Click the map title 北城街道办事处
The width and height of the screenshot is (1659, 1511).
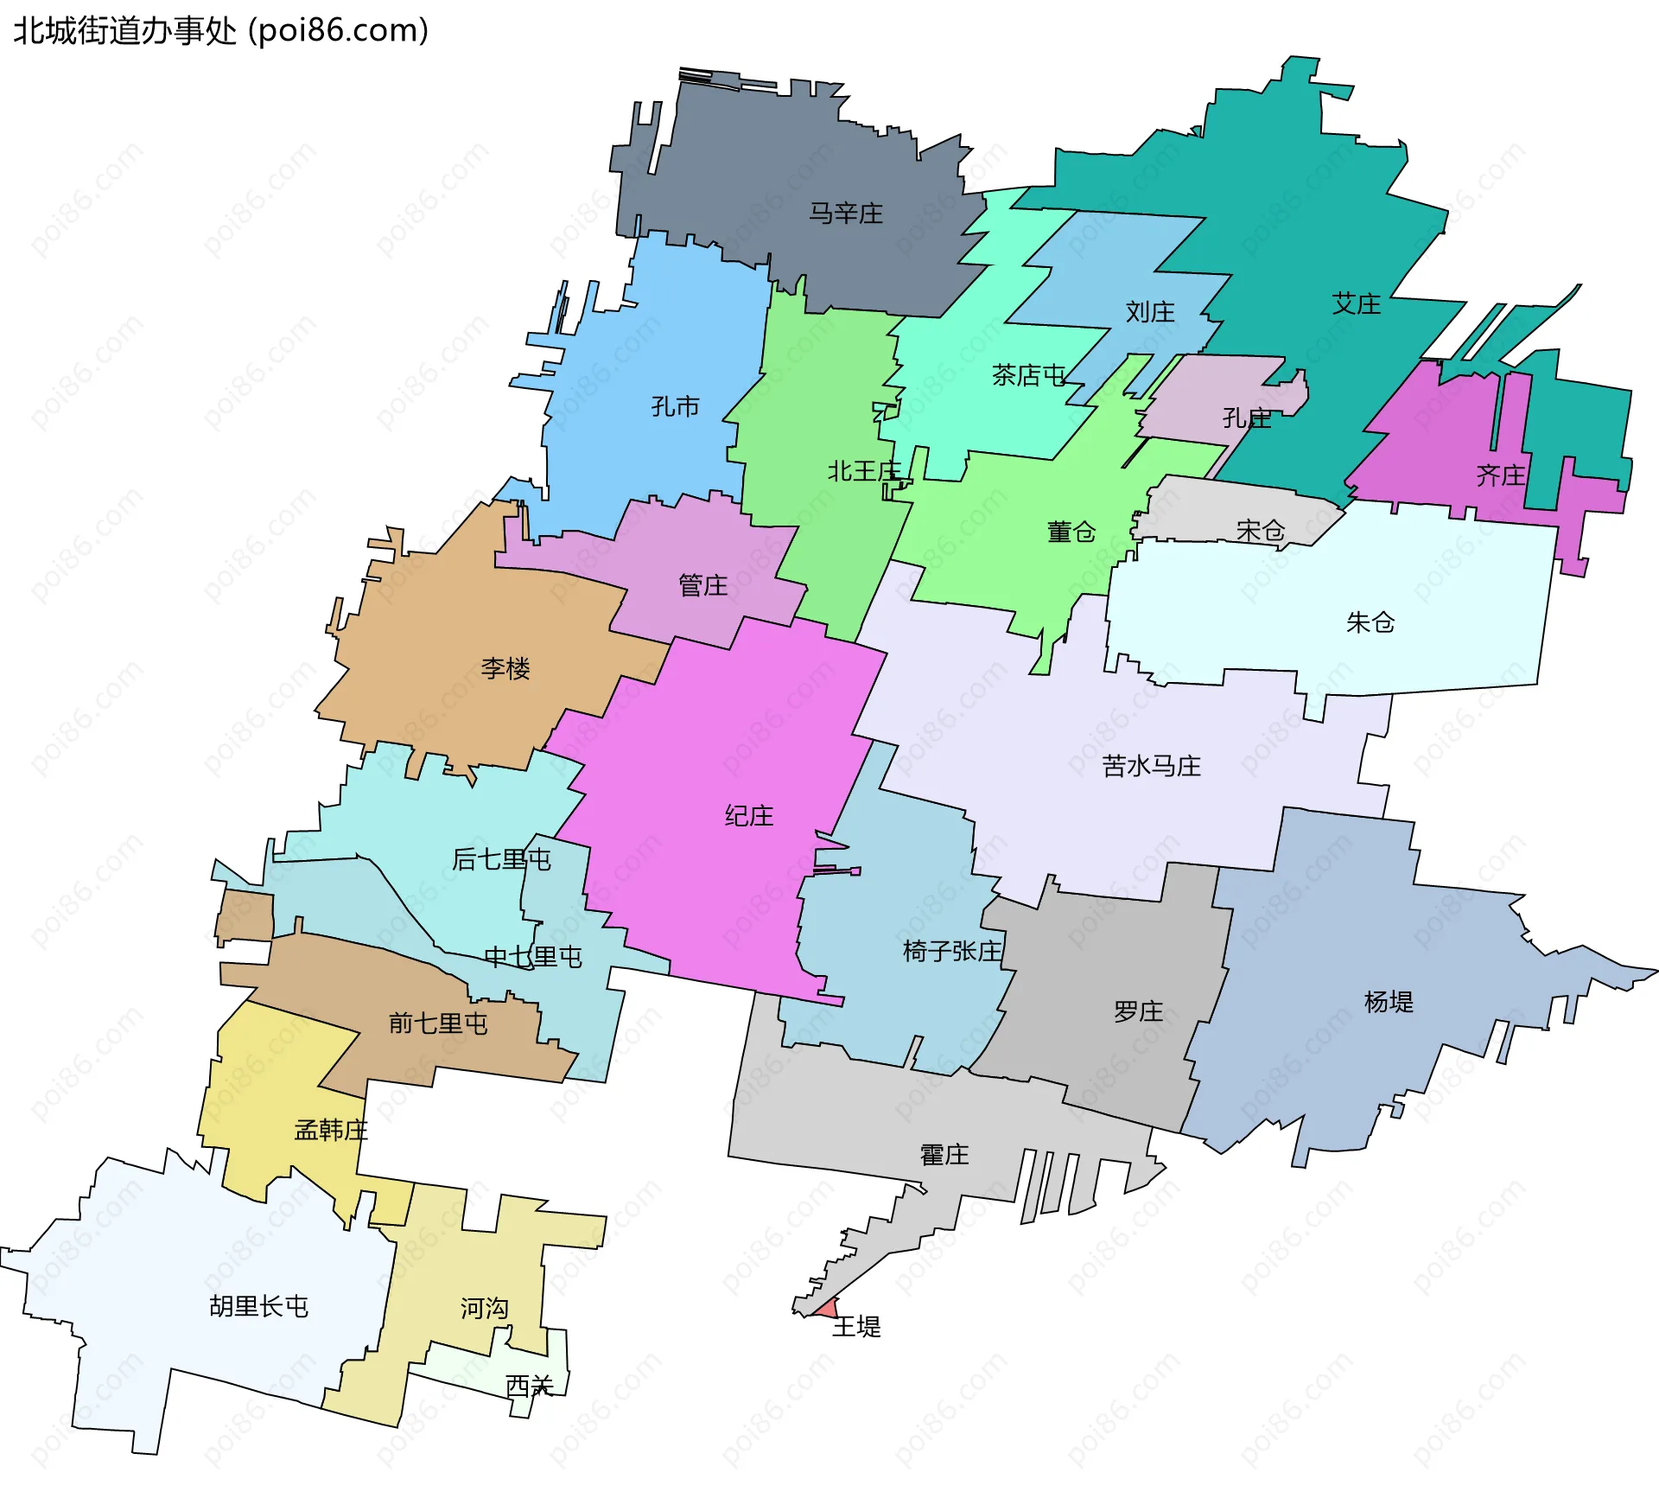coord(124,31)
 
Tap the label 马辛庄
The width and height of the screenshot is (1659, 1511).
coord(845,214)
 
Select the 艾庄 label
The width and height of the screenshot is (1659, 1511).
coord(1356,304)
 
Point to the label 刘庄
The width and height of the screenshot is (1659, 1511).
coord(1149,312)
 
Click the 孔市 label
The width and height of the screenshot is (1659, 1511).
coord(675,406)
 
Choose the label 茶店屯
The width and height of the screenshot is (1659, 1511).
coord(1028,375)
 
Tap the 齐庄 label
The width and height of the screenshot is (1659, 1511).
coord(1500,475)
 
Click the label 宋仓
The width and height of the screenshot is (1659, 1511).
coord(1260,530)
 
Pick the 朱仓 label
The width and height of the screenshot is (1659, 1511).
coord(1370,622)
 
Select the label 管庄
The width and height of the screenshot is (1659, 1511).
coord(702,586)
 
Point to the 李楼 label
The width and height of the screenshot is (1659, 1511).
coord(505,668)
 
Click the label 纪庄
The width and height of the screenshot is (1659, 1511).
coord(748,816)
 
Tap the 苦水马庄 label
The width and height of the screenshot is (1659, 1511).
coord(1151,766)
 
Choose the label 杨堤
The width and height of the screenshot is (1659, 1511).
coord(1388,1002)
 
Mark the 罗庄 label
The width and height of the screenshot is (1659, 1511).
coord(1138,1011)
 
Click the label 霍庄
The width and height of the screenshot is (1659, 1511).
coord(944,1155)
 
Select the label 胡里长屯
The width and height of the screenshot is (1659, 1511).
coord(258,1306)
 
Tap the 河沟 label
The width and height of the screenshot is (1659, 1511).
coord(484,1308)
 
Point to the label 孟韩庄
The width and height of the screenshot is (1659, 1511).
coord(331,1130)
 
